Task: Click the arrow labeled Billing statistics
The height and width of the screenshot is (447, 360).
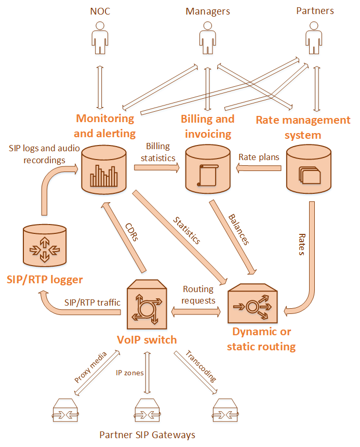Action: coord(156,167)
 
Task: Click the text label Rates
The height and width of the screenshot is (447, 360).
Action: coord(301,244)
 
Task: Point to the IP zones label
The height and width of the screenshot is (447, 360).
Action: coord(130,372)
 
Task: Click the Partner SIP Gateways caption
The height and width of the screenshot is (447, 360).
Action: coord(147,435)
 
